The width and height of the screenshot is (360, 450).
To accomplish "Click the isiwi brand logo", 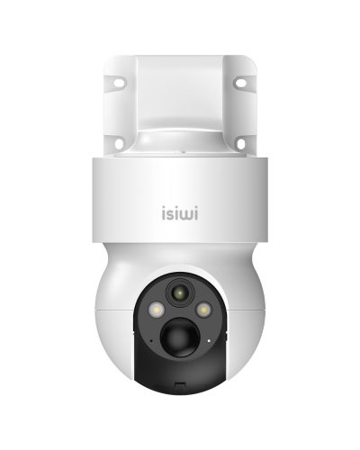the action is pyautogui.click(x=180, y=212).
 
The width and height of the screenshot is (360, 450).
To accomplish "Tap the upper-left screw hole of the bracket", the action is pyautogui.click(x=119, y=83).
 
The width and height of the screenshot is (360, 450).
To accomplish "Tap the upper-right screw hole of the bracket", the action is pyautogui.click(x=240, y=83).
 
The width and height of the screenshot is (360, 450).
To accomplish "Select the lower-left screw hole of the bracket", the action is pyautogui.click(x=119, y=143).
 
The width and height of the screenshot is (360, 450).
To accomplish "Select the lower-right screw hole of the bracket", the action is pyautogui.click(x=241, y=143).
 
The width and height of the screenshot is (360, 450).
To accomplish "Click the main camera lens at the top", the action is pyautogui.click(x=180, y=292).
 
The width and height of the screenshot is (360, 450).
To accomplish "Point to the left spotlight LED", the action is pyautogui.click(x=156, y=310).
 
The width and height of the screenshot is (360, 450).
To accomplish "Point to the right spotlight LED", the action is pyautogui.click(x=204, y=310).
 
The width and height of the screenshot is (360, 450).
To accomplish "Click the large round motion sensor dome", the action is pyautogui.click(x=180, y=337).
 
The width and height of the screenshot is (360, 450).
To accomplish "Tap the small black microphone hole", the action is pyautogui.click(x=151, y=341).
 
